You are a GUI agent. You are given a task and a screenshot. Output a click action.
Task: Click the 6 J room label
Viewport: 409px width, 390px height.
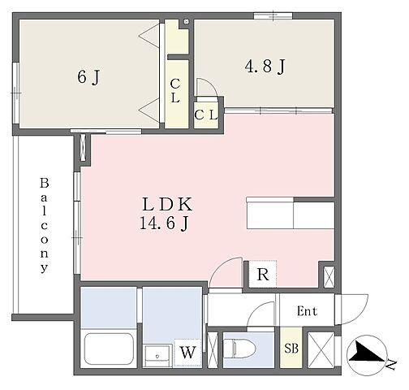click(x=88, y=76)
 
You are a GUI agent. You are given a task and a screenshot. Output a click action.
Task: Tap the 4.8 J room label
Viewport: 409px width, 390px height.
click(x=265, y=66)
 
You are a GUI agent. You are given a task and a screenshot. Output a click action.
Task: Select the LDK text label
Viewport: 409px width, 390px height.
click(x=167, y=205)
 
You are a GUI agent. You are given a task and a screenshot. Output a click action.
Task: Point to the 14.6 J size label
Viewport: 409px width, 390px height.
click(x=164, y=224)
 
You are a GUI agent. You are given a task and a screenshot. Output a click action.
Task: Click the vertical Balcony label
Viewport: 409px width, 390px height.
click(x=44, y=225)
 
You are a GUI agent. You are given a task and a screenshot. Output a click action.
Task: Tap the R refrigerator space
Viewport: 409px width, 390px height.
click(x=263, y=274)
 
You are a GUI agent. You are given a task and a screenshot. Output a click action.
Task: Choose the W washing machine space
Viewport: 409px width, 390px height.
click(x=187, y=353)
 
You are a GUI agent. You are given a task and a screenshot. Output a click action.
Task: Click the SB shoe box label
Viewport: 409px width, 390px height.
click(x=291, y=349)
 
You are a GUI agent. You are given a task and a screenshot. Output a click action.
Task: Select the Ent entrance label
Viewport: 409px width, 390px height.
click(x=307, y=311)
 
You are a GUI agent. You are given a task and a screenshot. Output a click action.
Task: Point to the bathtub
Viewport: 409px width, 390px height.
click(x=109, y=349)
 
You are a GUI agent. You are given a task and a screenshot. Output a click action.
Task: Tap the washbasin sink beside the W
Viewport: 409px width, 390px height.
click(x=157, y=356)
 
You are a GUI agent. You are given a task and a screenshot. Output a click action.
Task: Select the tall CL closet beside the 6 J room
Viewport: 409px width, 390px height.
click(x=176, y=74)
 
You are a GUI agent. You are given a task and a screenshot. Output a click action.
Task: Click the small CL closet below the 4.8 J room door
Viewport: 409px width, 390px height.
click(x=206, y=115)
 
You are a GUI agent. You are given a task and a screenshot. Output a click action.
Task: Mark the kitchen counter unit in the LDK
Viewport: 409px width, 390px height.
click(x=291, y=214)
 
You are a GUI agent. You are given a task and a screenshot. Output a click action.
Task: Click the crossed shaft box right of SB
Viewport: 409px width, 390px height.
click(x=321, y=349)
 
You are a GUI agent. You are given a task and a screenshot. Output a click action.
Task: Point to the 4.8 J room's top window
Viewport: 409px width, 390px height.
click(x=273, y=15)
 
